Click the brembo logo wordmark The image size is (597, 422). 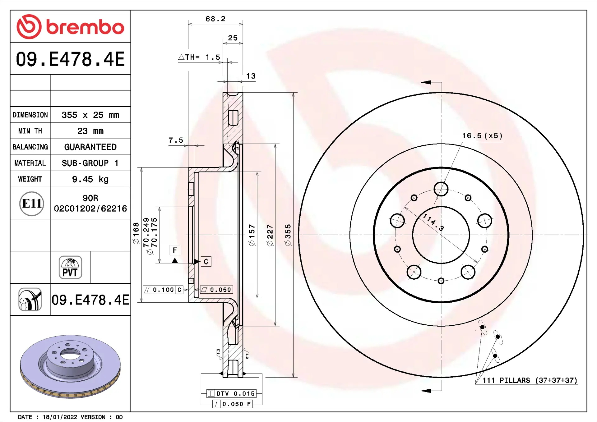85,27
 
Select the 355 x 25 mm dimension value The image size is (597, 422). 90,115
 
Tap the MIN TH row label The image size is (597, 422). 30,131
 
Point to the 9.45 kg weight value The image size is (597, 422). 90,179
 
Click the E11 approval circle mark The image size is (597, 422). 31,204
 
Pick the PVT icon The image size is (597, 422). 70,267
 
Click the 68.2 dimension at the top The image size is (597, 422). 215,19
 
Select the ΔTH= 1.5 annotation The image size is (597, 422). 199,57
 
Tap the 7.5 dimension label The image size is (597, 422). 176,140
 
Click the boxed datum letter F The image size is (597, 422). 175,250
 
